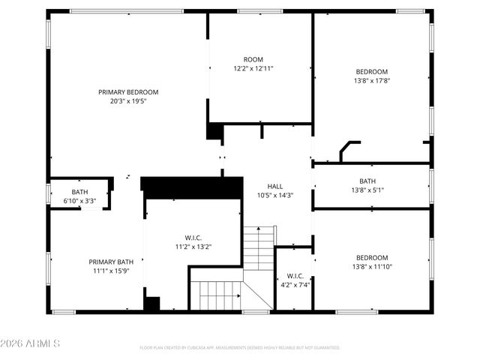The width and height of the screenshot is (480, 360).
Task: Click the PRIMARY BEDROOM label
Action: (x=128, y=92)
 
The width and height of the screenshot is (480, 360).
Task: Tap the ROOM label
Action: (x=253, y=59)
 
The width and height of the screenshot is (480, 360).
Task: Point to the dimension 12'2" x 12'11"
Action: (x=253, y=68)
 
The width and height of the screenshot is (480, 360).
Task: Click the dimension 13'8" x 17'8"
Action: (x=371, y=80)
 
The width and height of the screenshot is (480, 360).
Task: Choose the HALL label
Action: (x=275, y=187)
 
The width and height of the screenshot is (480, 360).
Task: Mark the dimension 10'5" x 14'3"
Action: (x=275, y=195)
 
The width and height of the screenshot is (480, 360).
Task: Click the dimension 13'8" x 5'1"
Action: (x=367, y=190)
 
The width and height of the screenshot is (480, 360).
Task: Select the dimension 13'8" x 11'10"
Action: (x=371, y=266)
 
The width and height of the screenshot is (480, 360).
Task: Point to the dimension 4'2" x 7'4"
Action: (x=295, y=284)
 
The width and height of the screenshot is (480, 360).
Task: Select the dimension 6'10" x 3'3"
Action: (x=79, y=201)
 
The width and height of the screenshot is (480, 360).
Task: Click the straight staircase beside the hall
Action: (x=259, y=247)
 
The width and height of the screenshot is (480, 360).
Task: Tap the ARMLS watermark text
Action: (x=31, y=343)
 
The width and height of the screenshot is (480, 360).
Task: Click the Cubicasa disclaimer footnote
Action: (x=240, y=348)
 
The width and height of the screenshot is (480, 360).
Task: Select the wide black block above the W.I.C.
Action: (x=192, y=187)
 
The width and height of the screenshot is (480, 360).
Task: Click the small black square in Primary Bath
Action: (x=152, y=304)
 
